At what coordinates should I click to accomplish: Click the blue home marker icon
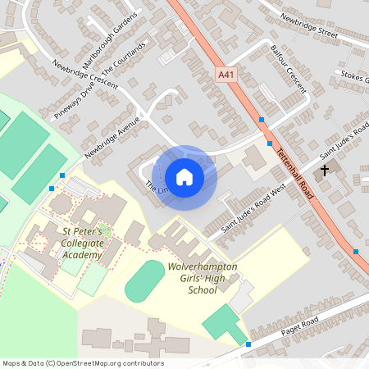coord(184,176)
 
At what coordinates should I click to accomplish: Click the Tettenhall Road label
coord(296,172)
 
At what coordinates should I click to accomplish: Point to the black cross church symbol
coord(325,171)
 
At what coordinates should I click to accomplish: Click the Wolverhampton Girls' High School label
coord(202,279)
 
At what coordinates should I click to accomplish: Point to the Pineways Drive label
coord(75,100)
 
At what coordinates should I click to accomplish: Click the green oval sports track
coord(144,280)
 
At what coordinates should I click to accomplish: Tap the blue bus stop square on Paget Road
coord(248,344)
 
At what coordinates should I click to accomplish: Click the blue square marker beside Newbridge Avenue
coord(62,175)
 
